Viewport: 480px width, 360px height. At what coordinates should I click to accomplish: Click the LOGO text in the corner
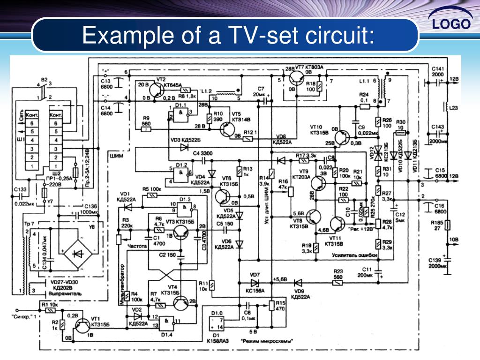coord(451,24)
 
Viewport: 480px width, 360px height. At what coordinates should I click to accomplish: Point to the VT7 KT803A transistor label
coord(309,67)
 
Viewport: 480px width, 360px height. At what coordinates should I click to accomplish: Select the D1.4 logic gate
coord(166,322)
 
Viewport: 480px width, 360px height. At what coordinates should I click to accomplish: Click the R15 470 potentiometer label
coord(281,306)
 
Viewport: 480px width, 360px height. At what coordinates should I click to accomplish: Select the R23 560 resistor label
coord(338,274)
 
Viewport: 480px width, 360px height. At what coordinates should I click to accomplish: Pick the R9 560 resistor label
coord(146,121)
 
